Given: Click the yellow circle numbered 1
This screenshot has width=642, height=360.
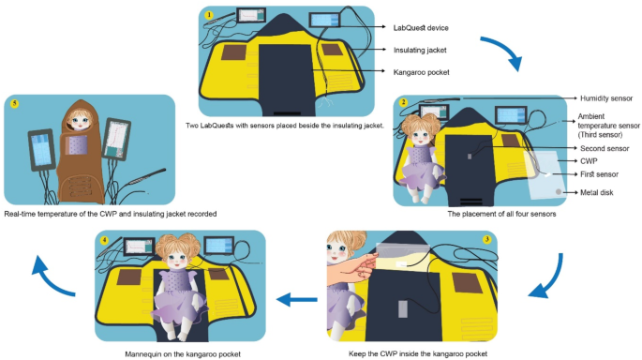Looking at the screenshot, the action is coord(209,15).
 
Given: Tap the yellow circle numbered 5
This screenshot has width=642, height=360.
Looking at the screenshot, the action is coord(14,104).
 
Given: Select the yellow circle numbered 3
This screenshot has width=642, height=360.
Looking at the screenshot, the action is coord(486,239).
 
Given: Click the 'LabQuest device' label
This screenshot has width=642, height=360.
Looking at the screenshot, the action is coord(421,28).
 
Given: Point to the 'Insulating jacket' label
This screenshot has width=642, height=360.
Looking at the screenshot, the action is coord(420,50).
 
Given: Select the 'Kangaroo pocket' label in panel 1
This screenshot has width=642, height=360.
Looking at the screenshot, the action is coord(422,72).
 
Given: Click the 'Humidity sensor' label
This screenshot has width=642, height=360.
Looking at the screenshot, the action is coord(606,98).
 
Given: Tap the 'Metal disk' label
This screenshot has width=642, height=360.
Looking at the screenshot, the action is coord(597,192).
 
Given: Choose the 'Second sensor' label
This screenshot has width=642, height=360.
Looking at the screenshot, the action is coord(605,148).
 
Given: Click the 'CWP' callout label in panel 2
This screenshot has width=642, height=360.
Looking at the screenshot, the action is coord(589,161).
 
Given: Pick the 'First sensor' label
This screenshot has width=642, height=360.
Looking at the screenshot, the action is coord(600,174).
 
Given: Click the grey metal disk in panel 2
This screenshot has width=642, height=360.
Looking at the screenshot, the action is coord(558,191).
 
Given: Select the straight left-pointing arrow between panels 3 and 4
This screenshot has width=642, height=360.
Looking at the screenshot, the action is coord(297,299).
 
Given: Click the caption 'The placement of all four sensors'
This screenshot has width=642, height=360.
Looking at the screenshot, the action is coord(501,214).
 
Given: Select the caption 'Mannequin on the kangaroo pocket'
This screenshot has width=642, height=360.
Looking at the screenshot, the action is coord(183,353).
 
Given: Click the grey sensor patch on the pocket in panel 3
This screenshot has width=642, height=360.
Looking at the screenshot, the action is coord(403,308).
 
